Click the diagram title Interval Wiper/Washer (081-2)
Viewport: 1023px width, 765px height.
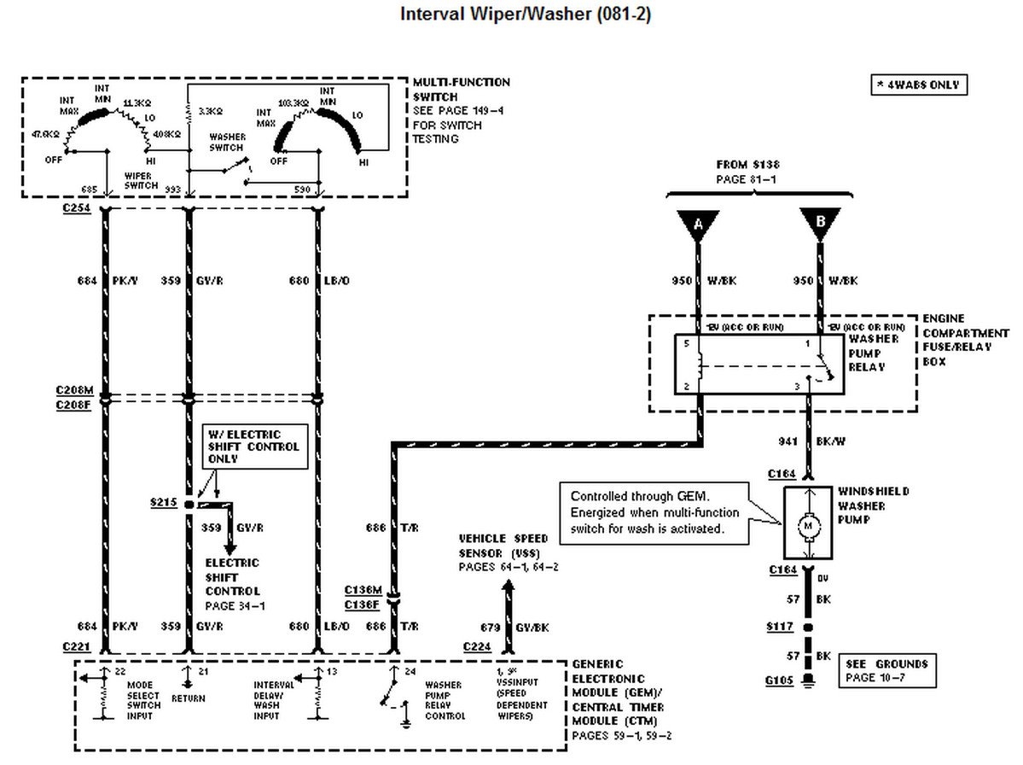pos(525,15)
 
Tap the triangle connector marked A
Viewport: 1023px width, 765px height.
pos(699,225)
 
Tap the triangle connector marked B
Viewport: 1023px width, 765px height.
pos(819,225)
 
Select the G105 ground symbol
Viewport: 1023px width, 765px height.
pos(808,681)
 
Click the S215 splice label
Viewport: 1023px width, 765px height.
pos(162,504)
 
